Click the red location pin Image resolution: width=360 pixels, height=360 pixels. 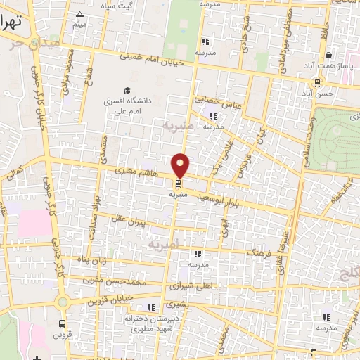click(181, 165)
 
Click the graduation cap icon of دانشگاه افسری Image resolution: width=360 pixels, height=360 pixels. click(127, 89)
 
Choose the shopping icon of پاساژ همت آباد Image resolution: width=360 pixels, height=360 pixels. click(327, 55)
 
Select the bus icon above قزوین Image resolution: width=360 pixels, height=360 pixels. click(63, 324)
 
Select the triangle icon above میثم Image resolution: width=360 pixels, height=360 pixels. click(79, 14)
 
